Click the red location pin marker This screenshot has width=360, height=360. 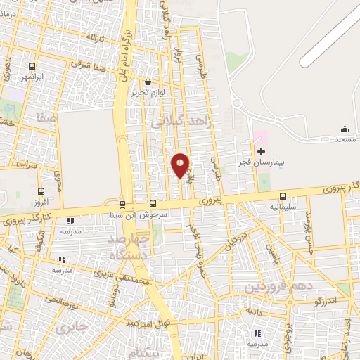180,165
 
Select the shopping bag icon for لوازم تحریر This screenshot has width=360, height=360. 148,82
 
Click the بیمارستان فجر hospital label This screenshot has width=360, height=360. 281,162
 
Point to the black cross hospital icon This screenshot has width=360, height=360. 261,151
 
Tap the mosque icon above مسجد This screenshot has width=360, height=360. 345,129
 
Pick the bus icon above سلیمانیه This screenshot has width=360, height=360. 283,197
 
